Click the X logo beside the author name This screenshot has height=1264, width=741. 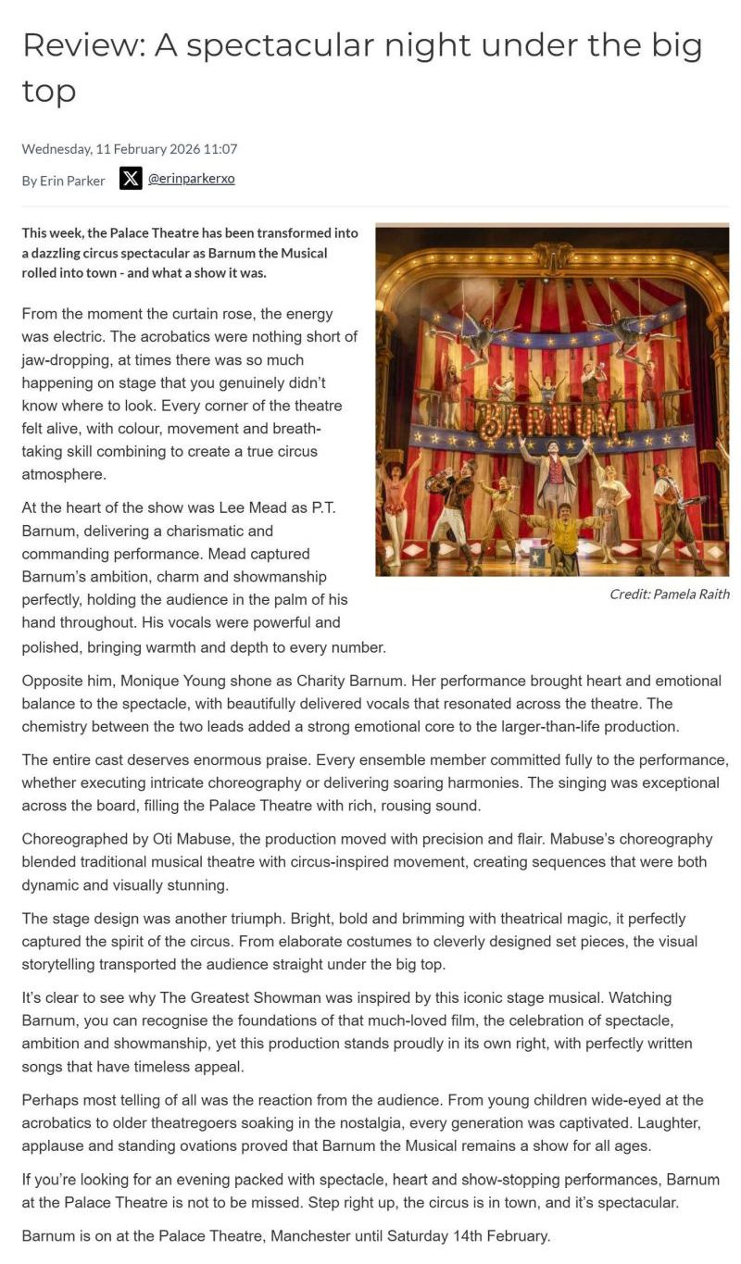[x=131, y=179]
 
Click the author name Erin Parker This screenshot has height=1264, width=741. [x=72, y=181]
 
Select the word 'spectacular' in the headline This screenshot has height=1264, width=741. [x=262, y=45]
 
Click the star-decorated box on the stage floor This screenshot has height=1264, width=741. [x=537, y=557]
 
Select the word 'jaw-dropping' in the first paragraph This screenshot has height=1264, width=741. [x=64, y=360]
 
